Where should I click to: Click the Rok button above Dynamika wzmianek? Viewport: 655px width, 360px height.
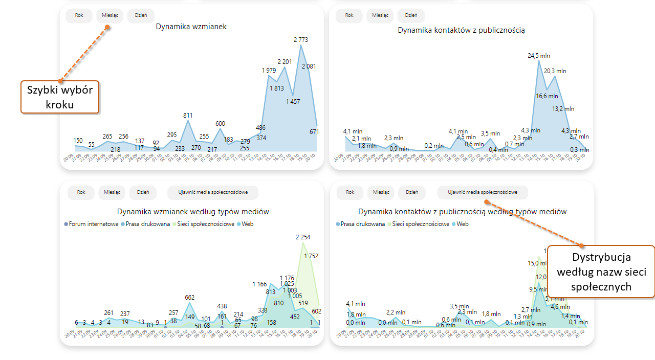[79, 15]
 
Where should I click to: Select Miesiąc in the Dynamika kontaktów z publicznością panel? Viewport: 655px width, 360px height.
[380, 15]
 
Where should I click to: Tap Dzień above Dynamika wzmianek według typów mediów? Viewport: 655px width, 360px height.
[143, 192]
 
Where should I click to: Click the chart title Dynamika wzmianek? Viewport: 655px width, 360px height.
[191, 27]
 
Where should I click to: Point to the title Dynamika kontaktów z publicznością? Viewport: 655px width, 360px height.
[461, 30]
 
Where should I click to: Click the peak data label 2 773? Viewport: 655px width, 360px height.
[301, 40]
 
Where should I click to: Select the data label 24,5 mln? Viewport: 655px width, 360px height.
[539, 56]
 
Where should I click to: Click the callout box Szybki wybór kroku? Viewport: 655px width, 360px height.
[60, 97]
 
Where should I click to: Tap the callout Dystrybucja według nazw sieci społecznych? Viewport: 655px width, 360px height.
[601, 272]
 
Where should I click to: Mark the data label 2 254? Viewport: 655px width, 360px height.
[303, 237]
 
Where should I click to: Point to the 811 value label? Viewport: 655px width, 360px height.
[188, 116]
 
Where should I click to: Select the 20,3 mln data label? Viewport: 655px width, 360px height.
[555, 71]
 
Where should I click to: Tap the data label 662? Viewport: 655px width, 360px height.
[190, 298]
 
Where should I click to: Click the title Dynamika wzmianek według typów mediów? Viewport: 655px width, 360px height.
[193, 212]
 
